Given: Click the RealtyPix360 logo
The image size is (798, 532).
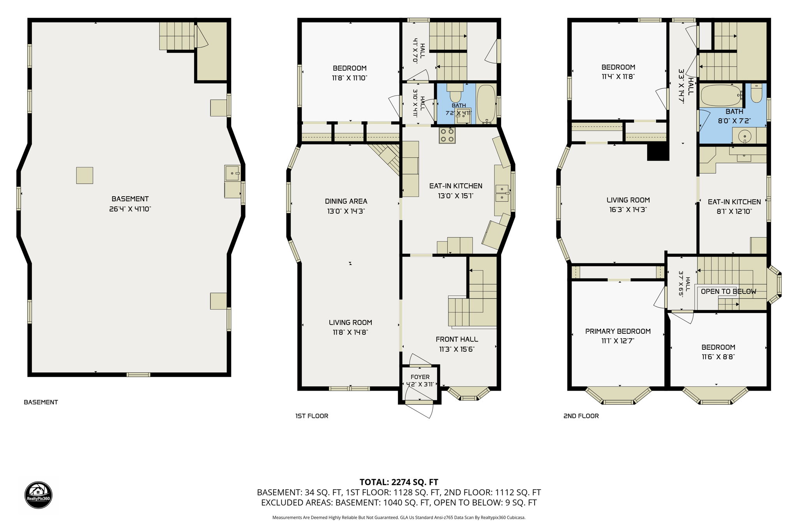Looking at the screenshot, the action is (x=38, y=495).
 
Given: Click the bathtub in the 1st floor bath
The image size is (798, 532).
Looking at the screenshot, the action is (x=486, y=103).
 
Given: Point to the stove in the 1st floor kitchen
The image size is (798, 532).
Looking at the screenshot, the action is (x=447, y=135).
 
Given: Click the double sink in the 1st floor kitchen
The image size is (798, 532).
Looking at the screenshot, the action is (x=502, y=193).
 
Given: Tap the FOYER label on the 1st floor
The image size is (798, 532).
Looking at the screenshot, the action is (x=420, y=377).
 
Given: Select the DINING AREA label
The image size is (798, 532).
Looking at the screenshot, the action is (x=346, y=201).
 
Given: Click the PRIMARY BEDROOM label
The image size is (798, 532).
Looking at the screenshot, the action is (x=618, y=331).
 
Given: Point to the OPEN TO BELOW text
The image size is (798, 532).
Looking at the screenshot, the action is (x=729, y=291).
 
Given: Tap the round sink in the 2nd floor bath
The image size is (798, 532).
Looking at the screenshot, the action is (x=744, y=136).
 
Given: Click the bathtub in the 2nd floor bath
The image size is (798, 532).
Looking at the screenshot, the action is (x=721, y=95).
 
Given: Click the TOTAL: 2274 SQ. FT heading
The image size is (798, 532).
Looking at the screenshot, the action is (x=399, y=482).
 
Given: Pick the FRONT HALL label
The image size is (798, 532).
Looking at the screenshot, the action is (x=457, y=339).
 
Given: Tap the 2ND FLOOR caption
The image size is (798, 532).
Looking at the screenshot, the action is (x=581, y=416).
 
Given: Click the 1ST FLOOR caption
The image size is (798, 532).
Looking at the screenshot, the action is (x=312, y=416).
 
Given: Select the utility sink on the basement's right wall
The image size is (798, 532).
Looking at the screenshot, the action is (x=233, y=173).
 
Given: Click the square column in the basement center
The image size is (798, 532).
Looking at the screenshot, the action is (x=85, y=175).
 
